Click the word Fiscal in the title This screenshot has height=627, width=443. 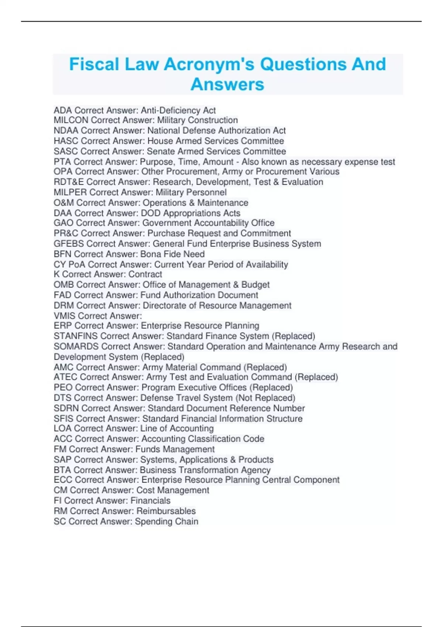pos(95,64)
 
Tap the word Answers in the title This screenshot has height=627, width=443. pos(227,84)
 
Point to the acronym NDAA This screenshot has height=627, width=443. pos(66,131)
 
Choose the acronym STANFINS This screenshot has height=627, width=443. pos(76,336)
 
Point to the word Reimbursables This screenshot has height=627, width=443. pos(166,511)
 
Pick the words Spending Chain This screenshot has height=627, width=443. pos(166,522)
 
